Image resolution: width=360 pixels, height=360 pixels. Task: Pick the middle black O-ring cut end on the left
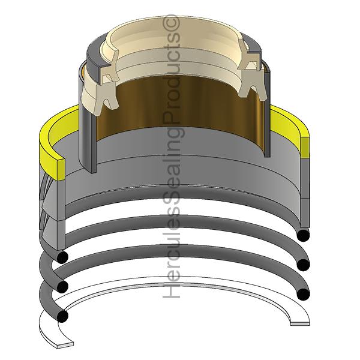point(61,285)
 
